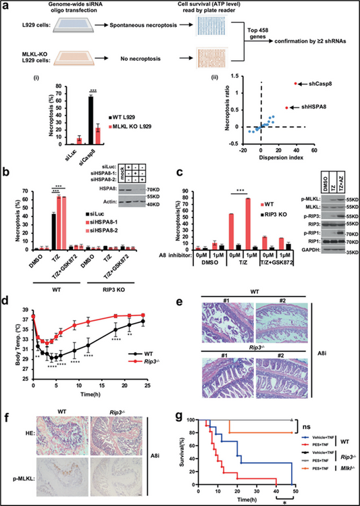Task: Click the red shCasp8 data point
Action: (294, 84)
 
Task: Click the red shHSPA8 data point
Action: (286, 108)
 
